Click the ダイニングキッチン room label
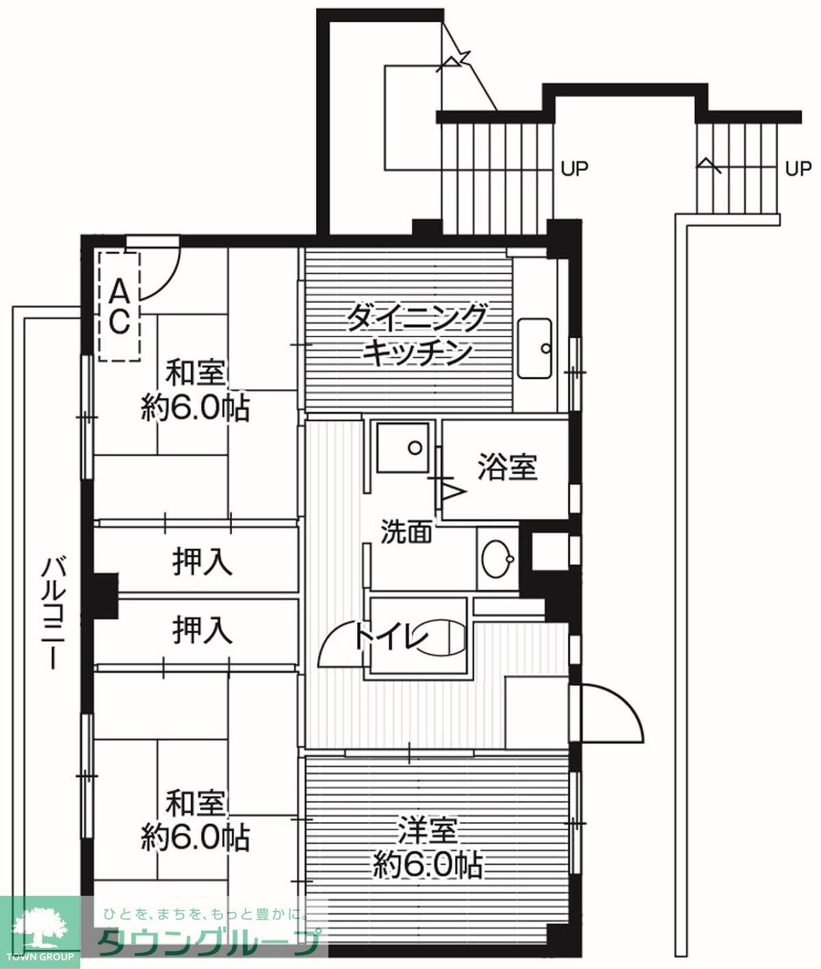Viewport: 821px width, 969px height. (417, 335)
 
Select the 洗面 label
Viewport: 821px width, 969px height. (406, 531)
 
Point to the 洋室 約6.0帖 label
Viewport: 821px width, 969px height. (428, 848)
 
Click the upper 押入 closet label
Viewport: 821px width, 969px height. (202, 563)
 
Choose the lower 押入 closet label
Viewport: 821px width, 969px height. (202, 630)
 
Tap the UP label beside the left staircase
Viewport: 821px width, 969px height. (575, 168)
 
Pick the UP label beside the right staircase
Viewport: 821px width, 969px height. (798, 168)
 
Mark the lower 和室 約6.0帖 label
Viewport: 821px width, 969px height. (196, 821)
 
